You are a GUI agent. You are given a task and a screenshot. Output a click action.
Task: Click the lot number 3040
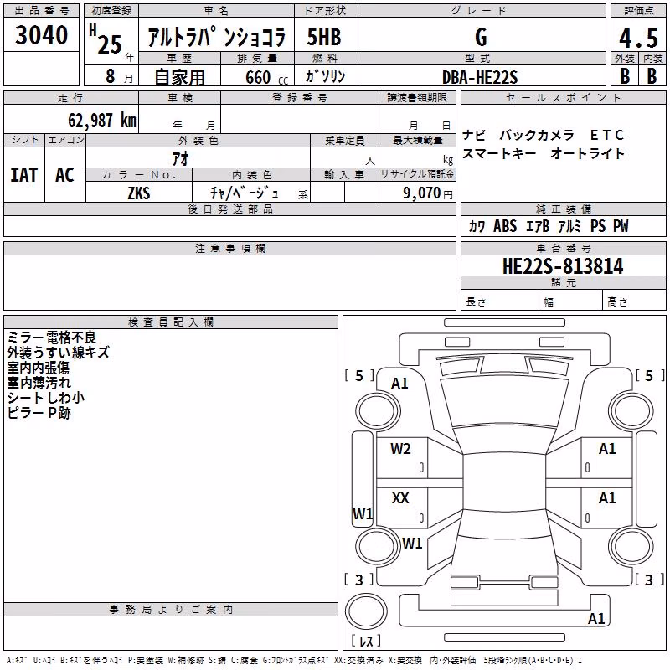41,35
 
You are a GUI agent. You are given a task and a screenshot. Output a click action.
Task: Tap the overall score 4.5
638,39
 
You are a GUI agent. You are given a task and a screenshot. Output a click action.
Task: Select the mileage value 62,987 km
102,121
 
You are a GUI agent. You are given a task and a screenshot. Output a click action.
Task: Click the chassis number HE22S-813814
563,266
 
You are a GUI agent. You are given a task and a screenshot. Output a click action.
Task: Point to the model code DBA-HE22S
480,77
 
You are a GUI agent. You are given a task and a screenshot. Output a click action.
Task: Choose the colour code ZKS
139,193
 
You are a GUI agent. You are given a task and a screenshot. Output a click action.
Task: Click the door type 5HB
324,37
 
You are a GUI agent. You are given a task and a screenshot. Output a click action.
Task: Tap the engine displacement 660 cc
266,78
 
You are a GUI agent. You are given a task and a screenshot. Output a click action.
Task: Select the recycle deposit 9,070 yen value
427,193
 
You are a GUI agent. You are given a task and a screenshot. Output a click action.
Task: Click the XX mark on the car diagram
400,497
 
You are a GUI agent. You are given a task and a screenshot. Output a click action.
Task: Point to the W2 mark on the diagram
400,449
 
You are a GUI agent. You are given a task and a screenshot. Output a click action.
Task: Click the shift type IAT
24,175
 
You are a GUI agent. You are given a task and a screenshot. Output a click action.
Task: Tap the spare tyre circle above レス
366,611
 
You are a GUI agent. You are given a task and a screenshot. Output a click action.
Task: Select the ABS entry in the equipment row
505,225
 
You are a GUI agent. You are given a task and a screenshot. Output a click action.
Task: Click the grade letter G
481,37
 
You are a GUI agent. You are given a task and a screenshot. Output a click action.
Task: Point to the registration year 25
110,44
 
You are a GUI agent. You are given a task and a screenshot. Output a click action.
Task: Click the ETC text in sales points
606,135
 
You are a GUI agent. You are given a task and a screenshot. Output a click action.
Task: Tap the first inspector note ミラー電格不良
52,338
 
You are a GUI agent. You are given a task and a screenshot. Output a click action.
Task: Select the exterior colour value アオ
180,158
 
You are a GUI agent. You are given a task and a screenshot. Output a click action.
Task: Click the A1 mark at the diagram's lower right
596,618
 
